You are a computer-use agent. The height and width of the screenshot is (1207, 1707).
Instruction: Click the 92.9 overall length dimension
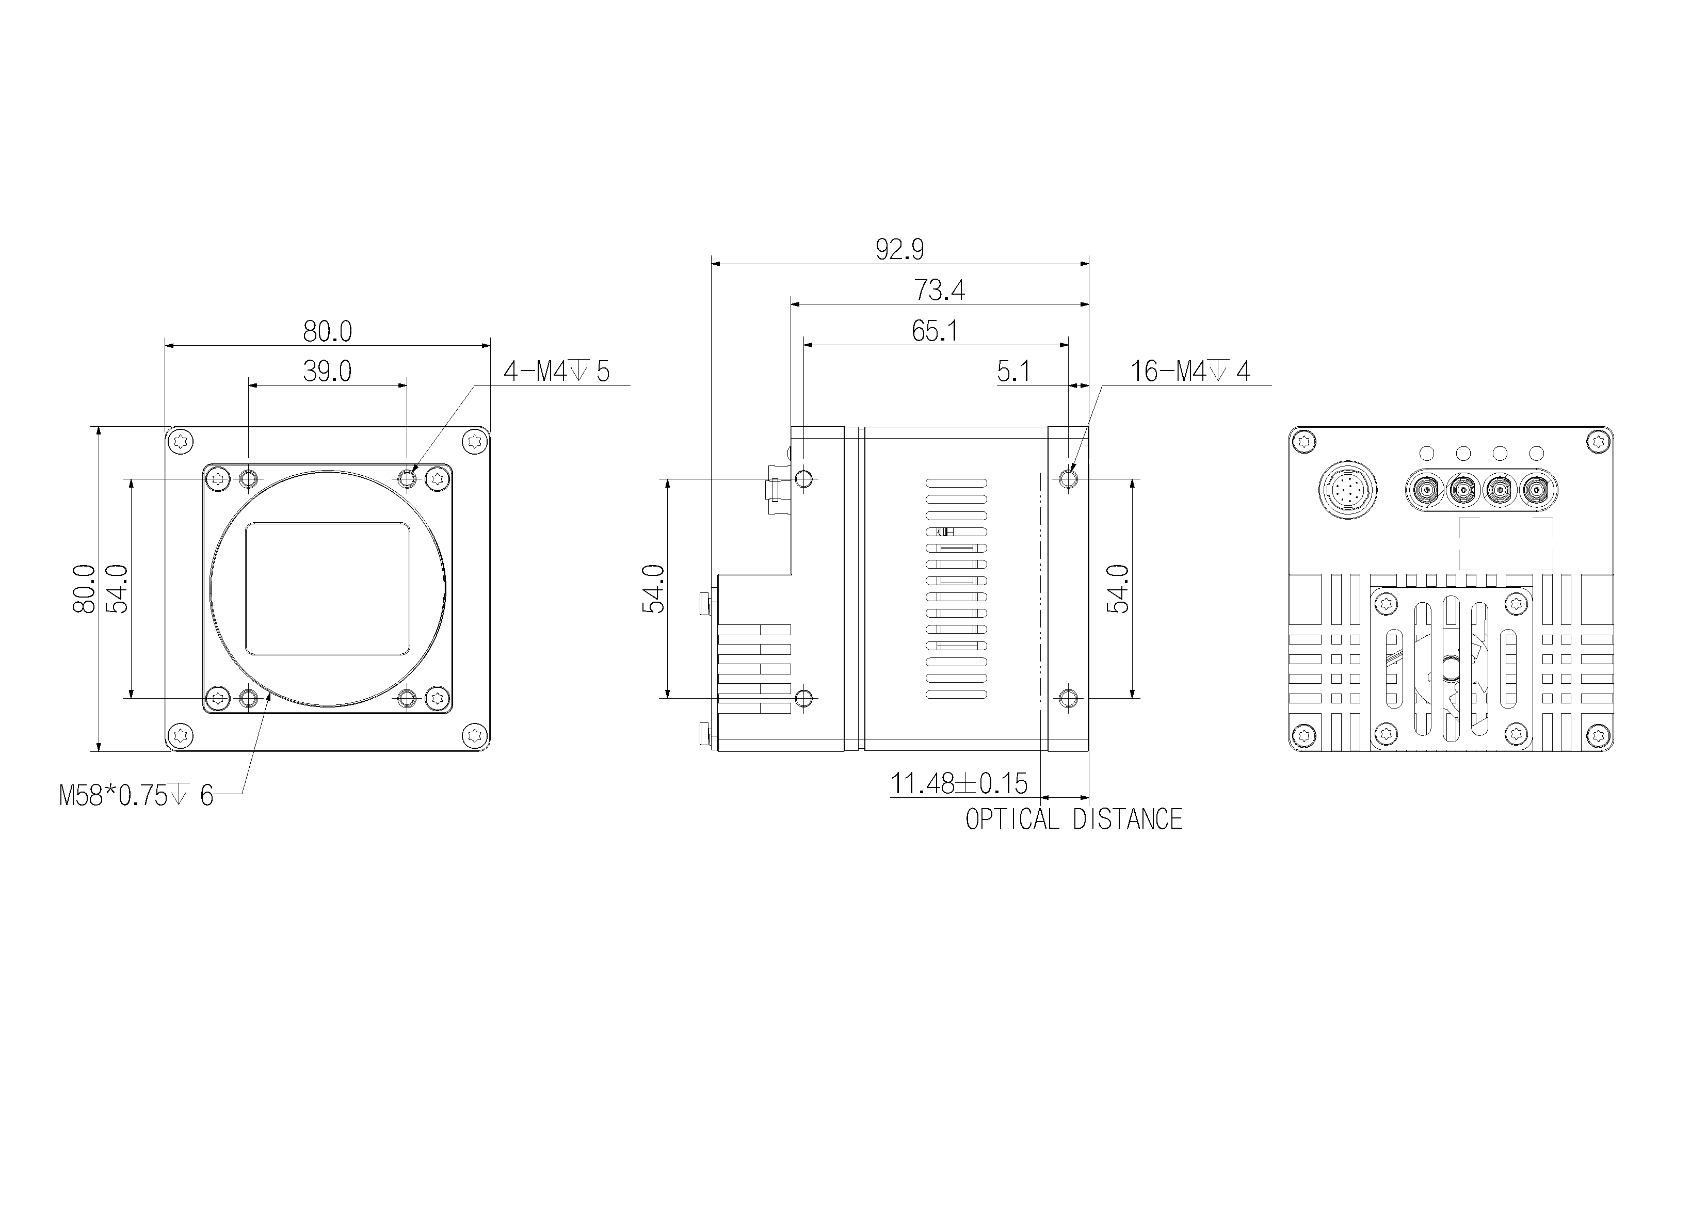click(x=899, y=249)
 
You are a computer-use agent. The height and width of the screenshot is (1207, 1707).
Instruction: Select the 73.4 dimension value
click(x=940, y=290)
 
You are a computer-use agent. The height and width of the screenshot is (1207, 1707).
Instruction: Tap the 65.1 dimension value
click(x=935, y=331)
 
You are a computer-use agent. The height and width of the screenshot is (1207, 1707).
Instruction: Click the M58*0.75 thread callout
click(x=136, y=796)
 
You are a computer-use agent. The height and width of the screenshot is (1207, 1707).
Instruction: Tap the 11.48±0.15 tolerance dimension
click(x=959, y=783)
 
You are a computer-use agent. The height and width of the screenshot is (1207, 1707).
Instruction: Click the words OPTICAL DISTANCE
click(x=1073, y=819)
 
